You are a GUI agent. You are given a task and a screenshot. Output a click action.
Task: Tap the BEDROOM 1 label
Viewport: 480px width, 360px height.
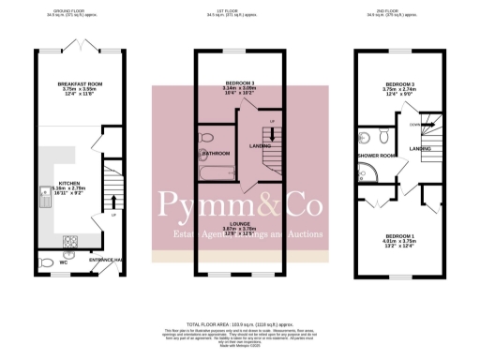(x=392, y=235)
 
